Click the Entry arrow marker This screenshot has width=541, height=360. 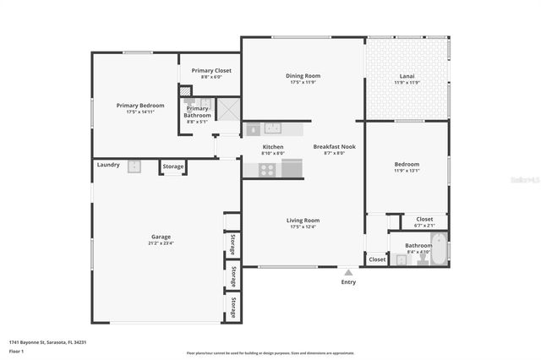click(348, 272)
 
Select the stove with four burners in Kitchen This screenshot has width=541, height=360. click(268, 168)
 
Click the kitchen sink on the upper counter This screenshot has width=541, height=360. click(271, 128)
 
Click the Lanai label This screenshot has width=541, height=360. click(407, 77)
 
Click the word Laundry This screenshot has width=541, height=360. click(108, 165)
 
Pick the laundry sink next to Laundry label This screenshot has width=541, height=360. click(134, 166)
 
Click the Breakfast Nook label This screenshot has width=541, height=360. click(334, 147)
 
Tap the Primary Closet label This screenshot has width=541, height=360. click(211, 70)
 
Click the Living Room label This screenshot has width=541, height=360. click(303, 221)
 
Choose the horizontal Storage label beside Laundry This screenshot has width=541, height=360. click(173, 166)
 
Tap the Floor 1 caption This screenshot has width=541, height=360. click(14, 350)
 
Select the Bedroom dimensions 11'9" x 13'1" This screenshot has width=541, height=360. click(407, 170)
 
